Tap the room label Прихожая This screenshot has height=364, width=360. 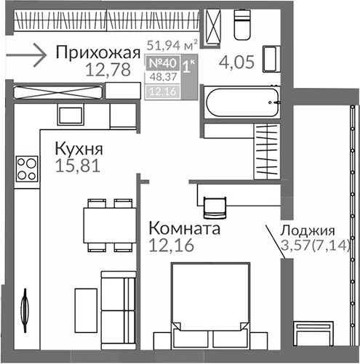(97, 52)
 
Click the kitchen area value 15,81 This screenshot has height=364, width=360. (77, 166)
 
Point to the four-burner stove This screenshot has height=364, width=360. (28, 169)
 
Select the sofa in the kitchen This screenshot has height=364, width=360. (113, 305)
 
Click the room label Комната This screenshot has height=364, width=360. (183, 229)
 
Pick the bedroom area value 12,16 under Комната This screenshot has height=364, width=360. (169, 246)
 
